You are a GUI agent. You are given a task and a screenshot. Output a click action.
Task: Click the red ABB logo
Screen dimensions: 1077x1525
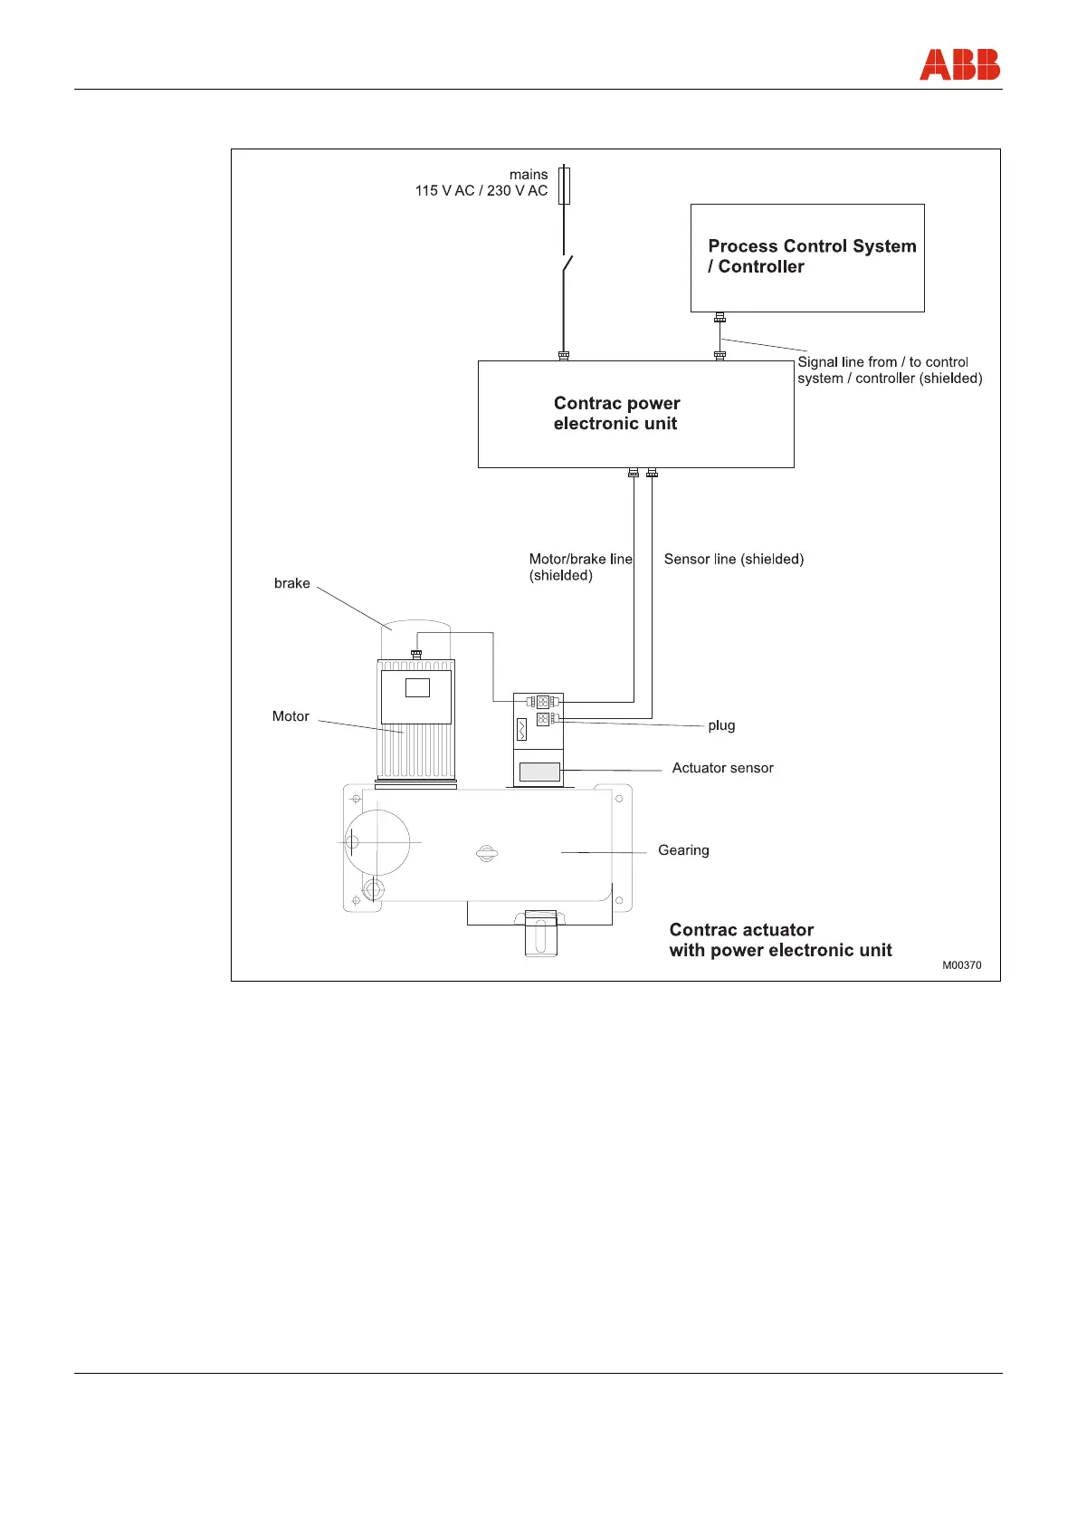[959, 65]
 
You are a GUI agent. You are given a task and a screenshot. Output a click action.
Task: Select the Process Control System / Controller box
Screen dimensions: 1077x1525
[807, 258]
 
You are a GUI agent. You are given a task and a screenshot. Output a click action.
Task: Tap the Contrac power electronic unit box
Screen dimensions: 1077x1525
[635, 414]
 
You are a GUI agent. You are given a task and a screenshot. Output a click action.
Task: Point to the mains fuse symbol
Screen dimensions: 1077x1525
[564, 185]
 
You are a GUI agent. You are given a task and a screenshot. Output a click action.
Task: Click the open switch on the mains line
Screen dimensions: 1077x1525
[567, 266]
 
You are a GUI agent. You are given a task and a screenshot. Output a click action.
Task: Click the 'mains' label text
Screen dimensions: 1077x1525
[529, 175]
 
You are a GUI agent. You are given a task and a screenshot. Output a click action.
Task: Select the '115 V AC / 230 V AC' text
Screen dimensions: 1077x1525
[481, 191]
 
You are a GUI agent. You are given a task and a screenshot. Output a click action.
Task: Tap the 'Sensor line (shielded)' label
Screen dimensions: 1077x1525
[733, 560]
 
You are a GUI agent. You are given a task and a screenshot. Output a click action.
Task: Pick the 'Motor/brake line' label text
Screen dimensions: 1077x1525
[580, 560]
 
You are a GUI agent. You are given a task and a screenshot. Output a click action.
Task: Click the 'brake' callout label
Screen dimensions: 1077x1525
[291, 583]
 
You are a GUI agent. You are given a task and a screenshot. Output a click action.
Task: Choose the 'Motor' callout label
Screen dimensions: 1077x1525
[291, 716]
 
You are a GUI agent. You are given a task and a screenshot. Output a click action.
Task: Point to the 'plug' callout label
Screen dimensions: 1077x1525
[721, 725]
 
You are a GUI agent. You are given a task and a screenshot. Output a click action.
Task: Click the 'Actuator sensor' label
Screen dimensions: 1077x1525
[722, 768]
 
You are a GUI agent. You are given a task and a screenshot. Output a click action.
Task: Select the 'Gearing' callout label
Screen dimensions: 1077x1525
[683, 850]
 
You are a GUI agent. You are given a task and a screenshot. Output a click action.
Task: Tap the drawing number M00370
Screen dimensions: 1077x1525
[961, 965]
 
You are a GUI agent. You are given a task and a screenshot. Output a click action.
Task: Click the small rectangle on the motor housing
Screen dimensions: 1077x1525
[417, 688]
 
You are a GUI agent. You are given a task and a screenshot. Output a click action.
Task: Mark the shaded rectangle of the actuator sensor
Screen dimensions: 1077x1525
[539, 772]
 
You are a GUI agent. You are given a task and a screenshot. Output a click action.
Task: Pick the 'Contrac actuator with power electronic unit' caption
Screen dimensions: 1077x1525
[780, 940]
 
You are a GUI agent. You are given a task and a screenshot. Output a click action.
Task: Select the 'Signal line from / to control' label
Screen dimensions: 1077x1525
[882, 362]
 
